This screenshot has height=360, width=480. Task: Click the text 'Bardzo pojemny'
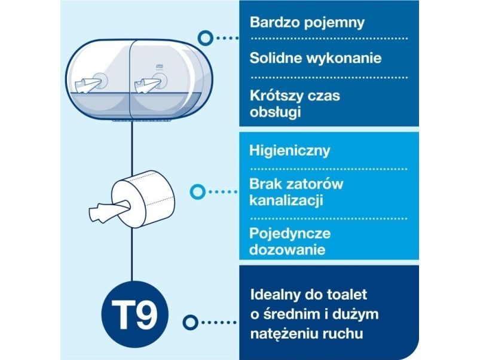307,23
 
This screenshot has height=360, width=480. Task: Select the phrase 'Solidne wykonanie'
316,58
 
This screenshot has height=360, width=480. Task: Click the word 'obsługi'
275,112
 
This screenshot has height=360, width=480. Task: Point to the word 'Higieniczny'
289,151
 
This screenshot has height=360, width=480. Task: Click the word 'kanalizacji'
286,201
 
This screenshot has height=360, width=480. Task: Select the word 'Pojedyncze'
290,234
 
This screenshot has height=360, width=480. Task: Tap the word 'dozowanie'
287,250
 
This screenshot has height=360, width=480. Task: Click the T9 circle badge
134,315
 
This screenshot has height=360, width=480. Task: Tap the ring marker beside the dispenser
206,38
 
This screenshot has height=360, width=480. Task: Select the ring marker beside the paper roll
197,192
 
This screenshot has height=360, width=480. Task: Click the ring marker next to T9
190,322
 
